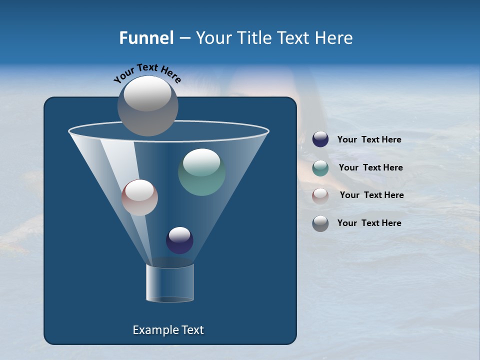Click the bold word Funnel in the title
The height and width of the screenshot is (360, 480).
[146, 38]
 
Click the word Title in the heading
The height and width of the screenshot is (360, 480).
[254, 38]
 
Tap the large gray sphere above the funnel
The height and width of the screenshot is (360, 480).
[148, 105]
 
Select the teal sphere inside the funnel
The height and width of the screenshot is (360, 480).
[201, 172]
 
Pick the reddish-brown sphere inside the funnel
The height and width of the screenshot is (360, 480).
[139, 197]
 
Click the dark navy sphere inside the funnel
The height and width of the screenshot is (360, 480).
[179, 240]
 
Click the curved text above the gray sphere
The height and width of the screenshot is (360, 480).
[147, 73]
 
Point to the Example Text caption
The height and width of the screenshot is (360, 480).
[168, 330]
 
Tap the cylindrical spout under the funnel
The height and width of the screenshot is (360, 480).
[169, 283]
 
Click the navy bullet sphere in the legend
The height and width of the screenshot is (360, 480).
[320, 139]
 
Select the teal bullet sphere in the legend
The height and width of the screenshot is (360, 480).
[320, 168]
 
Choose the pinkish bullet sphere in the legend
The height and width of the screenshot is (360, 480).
[320, 195]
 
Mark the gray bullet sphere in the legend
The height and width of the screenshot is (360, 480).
[320, 223]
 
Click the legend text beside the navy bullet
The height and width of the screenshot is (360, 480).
[369, 139]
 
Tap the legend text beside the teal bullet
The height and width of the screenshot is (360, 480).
[370, 167]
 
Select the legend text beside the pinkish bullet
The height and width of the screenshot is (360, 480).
[371, 195]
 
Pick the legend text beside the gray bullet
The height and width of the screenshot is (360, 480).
[369, 223]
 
